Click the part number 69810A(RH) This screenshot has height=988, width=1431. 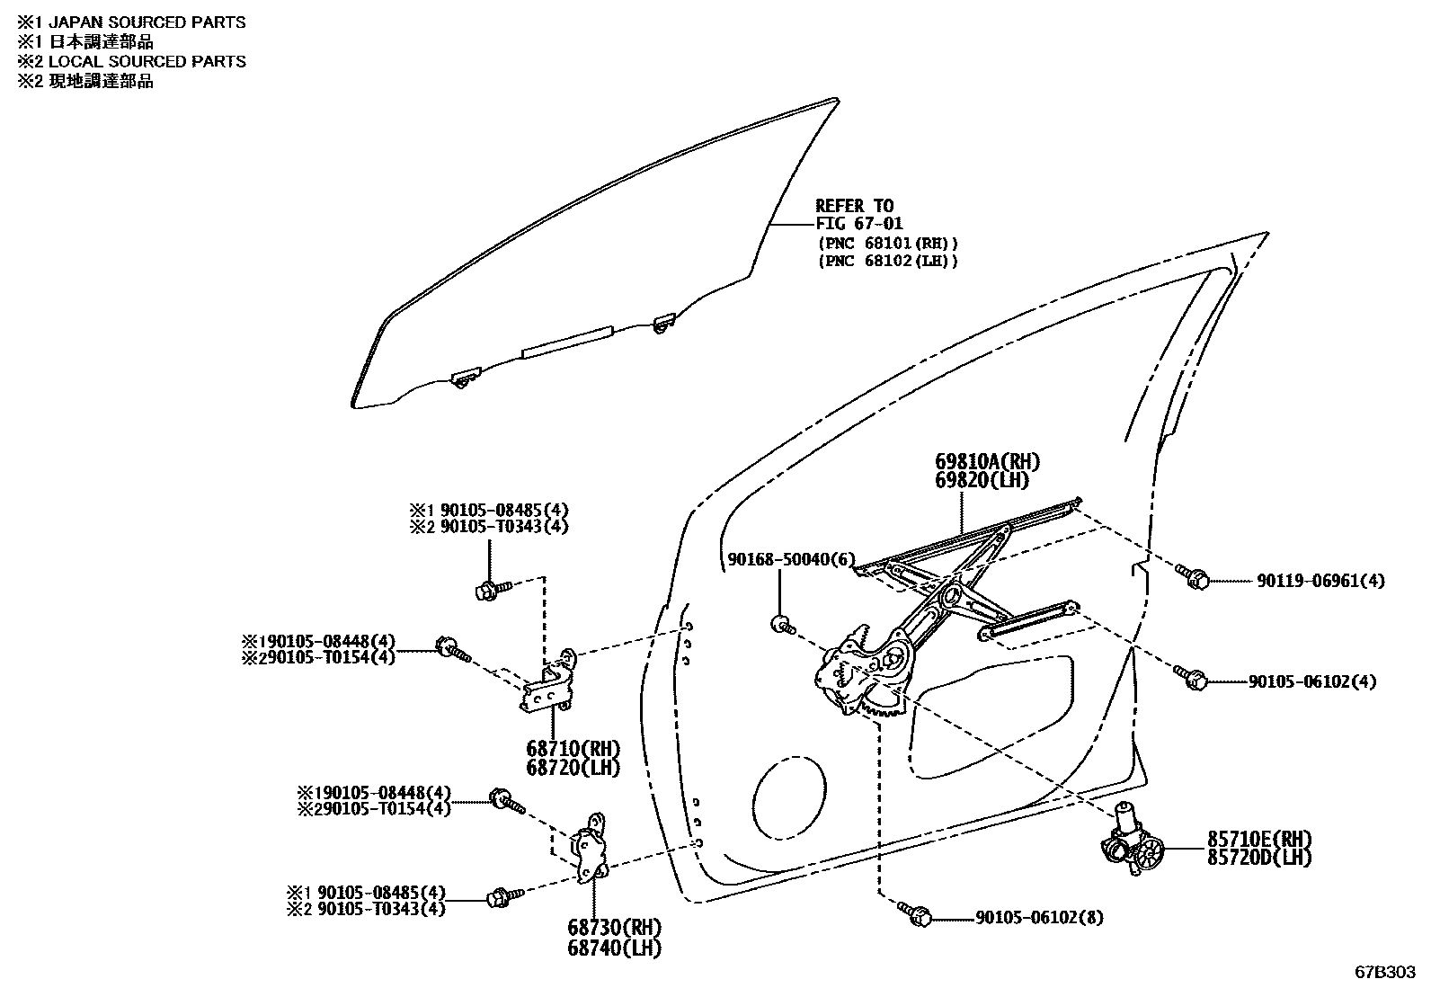(x=986, y=462)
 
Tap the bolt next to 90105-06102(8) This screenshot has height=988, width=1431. (x=915, y=913)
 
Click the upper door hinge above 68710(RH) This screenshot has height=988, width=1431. (x=551, y=681)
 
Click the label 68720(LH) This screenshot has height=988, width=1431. (x=573, y=768)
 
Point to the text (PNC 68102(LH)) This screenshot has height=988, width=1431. (x=888, y=262)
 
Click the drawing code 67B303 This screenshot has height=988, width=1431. (x=1385, y=973)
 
